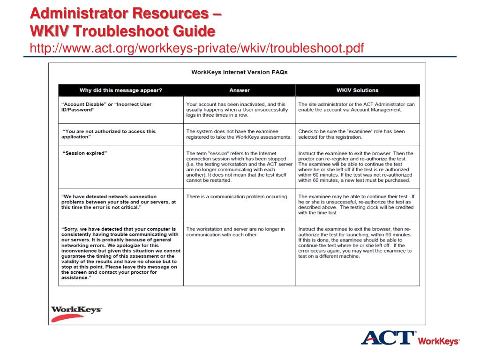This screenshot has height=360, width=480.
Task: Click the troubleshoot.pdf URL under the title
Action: (197, 48)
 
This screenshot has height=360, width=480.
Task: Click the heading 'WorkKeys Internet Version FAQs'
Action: (239, 72)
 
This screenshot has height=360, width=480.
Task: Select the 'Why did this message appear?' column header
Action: (121, 90)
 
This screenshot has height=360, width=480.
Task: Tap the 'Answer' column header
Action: (240, 90)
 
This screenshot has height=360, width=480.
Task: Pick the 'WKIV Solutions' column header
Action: (357, 90)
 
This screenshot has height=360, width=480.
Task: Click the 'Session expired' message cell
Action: (85, 153)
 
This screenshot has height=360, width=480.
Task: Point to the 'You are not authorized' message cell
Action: (109, 134)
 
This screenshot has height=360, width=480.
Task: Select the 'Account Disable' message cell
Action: (106, 107)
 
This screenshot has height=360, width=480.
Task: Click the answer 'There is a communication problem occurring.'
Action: (237, 196)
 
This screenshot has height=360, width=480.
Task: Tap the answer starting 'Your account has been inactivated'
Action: (237, 110)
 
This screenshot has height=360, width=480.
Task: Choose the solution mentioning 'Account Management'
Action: (356, 107)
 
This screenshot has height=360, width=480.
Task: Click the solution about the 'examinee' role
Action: (352, 134)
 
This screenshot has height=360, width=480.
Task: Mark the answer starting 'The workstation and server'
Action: (235, 232)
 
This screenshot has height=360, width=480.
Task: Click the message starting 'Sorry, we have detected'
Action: (120, 253)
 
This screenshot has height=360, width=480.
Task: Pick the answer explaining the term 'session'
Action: (237, 166)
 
